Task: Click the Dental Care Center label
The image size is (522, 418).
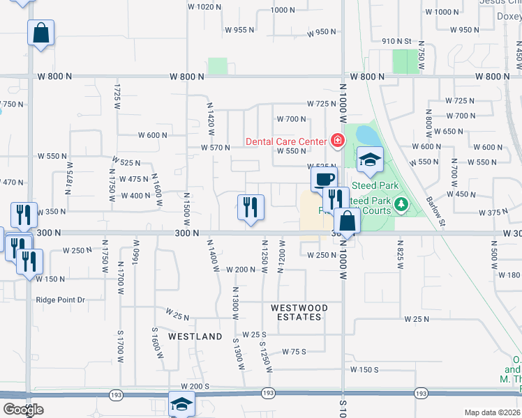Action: pos(285,141)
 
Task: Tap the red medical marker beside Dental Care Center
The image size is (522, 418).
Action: pos(337,141)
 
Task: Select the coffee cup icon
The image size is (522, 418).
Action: pos(324,178)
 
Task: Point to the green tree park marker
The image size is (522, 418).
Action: pos(401,204)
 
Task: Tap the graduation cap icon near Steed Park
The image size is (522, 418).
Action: pos(370,160)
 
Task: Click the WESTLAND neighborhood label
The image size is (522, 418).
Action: pos(195,336)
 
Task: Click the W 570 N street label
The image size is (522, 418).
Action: pos(216,148)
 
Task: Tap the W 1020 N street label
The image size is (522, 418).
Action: pos(204,6)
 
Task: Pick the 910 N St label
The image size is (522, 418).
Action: pos(397,42)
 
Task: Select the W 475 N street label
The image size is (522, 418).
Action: pos(134,179)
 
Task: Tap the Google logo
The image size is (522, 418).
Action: pos(23,410)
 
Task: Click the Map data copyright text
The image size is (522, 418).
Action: pos(492,412)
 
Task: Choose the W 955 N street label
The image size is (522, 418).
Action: pos(239,30)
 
